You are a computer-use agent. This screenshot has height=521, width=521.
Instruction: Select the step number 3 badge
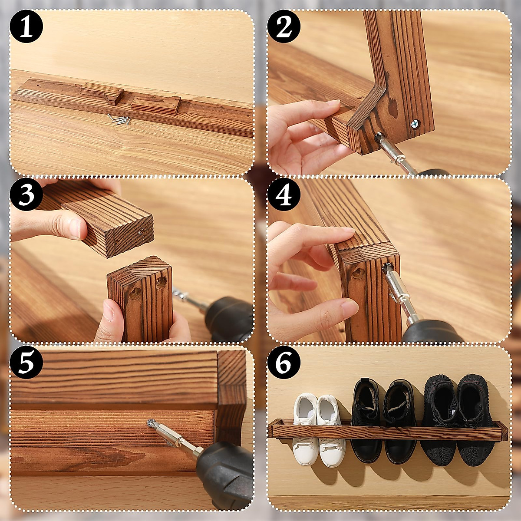26,195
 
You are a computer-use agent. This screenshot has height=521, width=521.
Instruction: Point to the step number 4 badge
284,195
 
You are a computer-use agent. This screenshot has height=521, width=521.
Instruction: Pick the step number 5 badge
26,363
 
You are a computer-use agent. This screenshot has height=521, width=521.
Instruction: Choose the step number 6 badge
284,363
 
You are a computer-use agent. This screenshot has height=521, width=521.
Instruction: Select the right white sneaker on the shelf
332,430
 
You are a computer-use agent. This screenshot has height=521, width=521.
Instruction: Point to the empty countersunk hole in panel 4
359,273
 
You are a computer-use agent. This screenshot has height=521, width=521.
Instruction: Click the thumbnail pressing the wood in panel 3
76,228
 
